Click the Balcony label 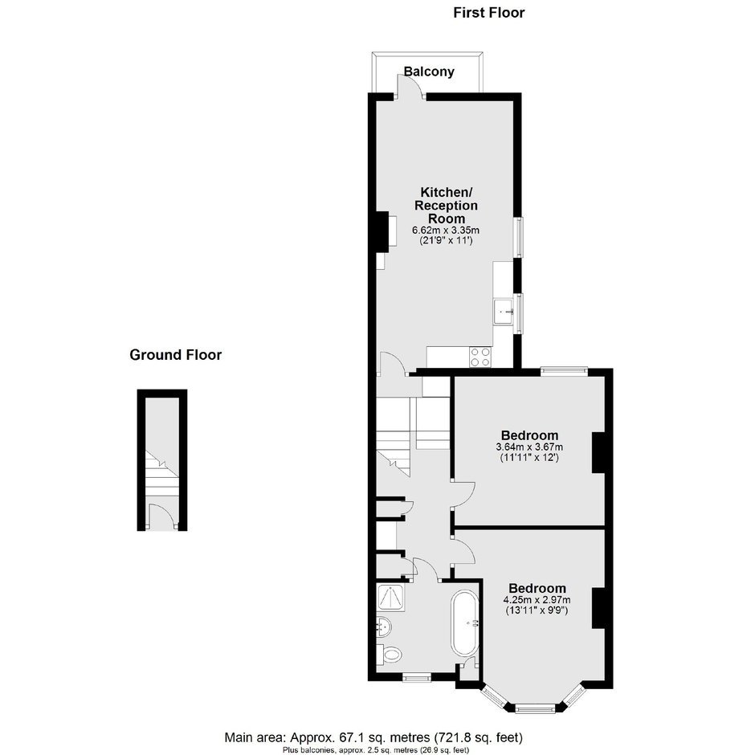tap(429, 71)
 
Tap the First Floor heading tap(488, 13)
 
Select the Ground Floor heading tap(176, 355)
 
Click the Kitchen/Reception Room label tap(447, 205)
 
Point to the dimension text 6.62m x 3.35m tap(446, 231)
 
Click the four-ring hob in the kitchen tap(480, 357)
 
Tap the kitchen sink tap(503, 312)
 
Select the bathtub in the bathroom tap(465, 623)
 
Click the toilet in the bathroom tap(390, 655)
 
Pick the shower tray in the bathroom tap(391, 597)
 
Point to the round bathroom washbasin tap(384, 626)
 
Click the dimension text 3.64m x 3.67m tap(529, 447)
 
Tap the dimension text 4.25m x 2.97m tap(537, 600)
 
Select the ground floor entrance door tap(161, 516)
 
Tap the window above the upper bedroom tap(564, 371)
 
